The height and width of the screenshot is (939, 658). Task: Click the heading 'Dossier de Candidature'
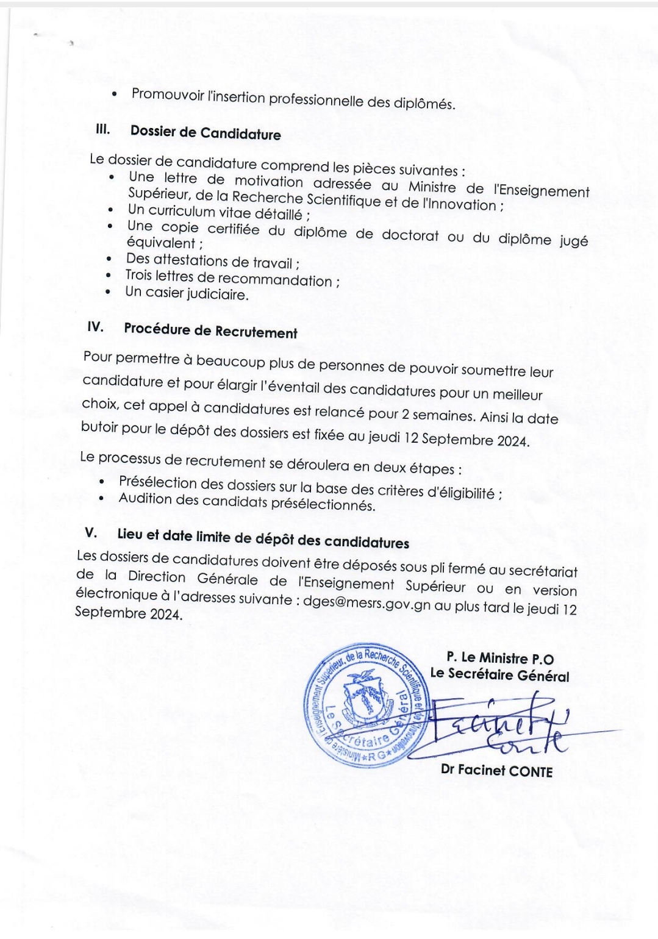pyautogui.click(x=206, y=133)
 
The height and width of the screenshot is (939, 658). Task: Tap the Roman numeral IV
pyautogui.click(x=95, y=327)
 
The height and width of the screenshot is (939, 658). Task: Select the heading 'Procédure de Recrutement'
pyautogui.click(x=210, y=330)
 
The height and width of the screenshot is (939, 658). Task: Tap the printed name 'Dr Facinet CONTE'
pyautogui.click(x=496, y=771)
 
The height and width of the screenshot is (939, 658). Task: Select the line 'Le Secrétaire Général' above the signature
pyautogui.click(x=499, y=675)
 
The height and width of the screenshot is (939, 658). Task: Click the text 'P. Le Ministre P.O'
pyautogui.click(x=500, y=658)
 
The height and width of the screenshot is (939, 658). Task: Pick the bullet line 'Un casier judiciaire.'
pyautogui.click(x=187, y=294)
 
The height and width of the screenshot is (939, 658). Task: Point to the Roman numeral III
pyautogui.click(x=102, y=129)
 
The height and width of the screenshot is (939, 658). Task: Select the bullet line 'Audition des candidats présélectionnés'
pyautogui.click(x=246, y=502)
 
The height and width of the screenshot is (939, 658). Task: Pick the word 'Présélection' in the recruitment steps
pyautogui.click(x=158, y=482)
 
